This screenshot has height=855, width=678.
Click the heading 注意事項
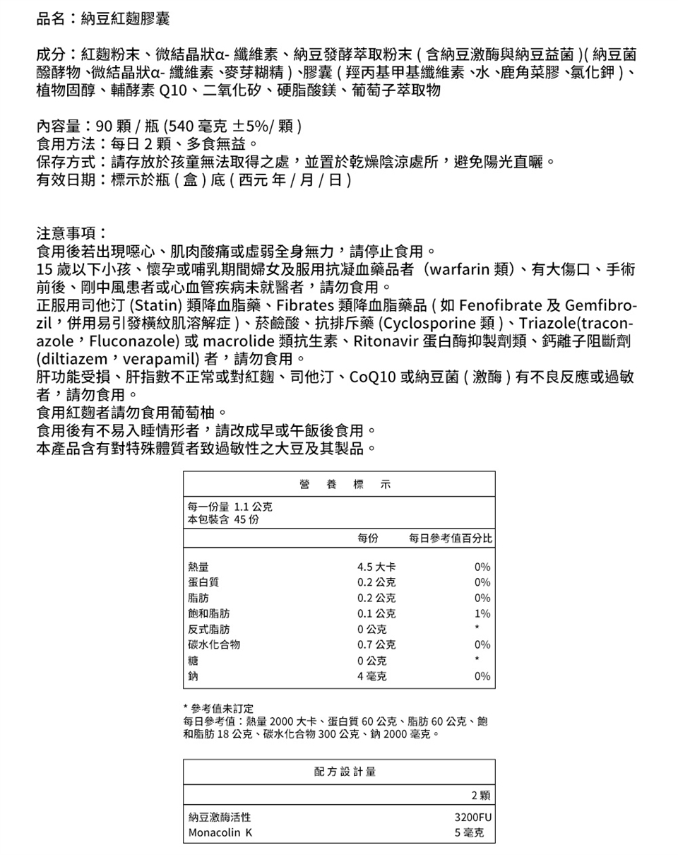pyautogui.click(x=71, y=232)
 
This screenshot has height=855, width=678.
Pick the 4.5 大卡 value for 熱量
pyautogui.click(x=376, y=566)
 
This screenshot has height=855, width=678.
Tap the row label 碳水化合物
pyautogui.click(x=214, y=644)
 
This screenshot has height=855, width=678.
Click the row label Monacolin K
pyautogui.click(x=220, y=833)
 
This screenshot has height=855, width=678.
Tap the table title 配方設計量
pyautogui.click(x=345, y=772)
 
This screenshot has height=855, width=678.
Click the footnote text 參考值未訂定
pyautogui.click(x=217, y=708)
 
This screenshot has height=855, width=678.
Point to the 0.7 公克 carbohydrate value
pyautogui.click(x=376, y=644)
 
